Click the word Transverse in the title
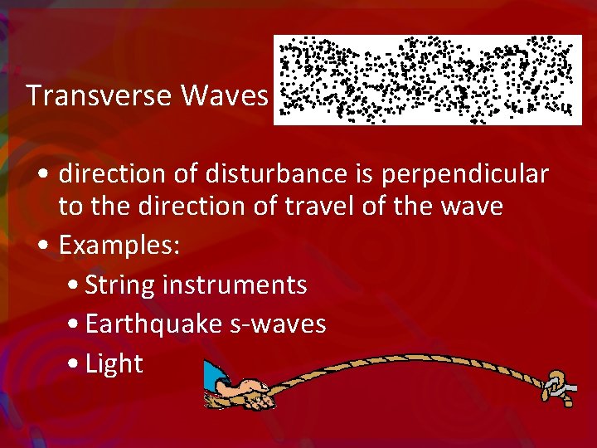click(99, 96)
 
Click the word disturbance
click(264, 174)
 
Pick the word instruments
click(235, 285)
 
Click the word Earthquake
click(155, 324)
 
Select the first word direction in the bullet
click(110, 174)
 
